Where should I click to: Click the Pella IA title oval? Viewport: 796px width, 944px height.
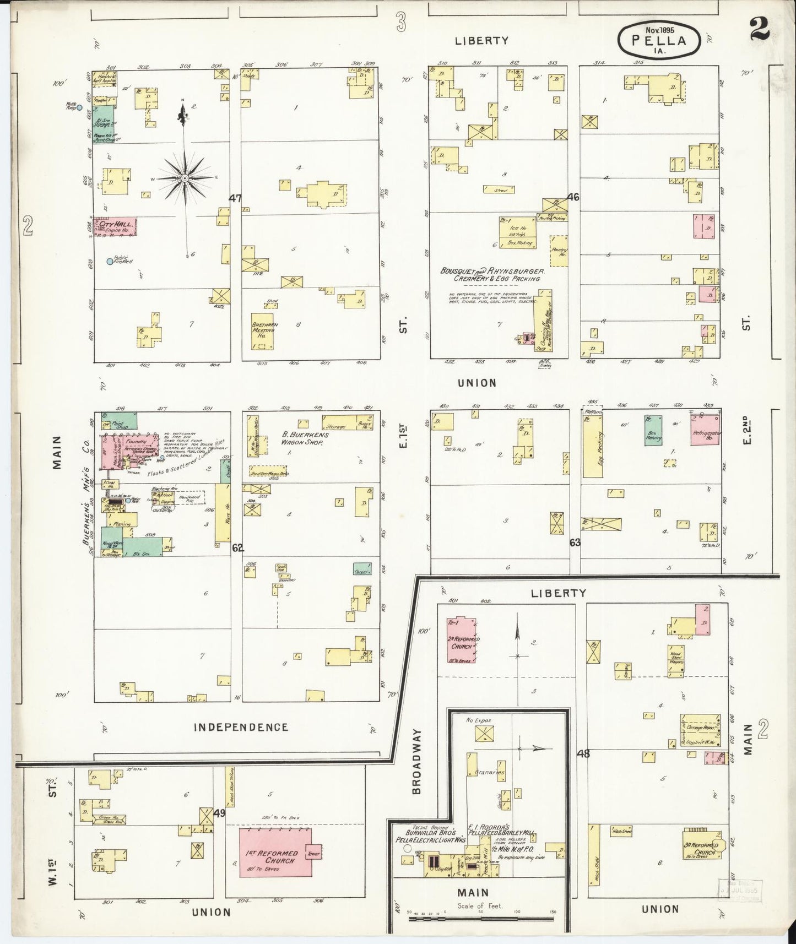(x=659, y=40)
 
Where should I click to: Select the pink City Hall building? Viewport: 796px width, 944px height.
(x=115, y=226)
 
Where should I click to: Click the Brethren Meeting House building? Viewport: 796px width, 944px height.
(x=266, y=330)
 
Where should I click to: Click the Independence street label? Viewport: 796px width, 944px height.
(x=241, y=727)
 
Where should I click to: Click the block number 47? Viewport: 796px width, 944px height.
(x=235, y=198)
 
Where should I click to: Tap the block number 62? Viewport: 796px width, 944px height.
(x=237, y=548)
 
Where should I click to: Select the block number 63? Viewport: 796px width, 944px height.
(x=575, y=542)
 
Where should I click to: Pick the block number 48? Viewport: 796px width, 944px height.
(x=583, y=753)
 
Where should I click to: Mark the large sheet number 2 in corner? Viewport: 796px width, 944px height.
(x=759, y=26)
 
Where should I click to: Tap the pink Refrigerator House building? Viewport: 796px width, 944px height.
(x=706, y=431)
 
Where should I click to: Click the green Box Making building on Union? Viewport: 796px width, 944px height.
(x=653, y=430)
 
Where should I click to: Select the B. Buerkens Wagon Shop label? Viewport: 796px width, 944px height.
(x=305, y=438)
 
